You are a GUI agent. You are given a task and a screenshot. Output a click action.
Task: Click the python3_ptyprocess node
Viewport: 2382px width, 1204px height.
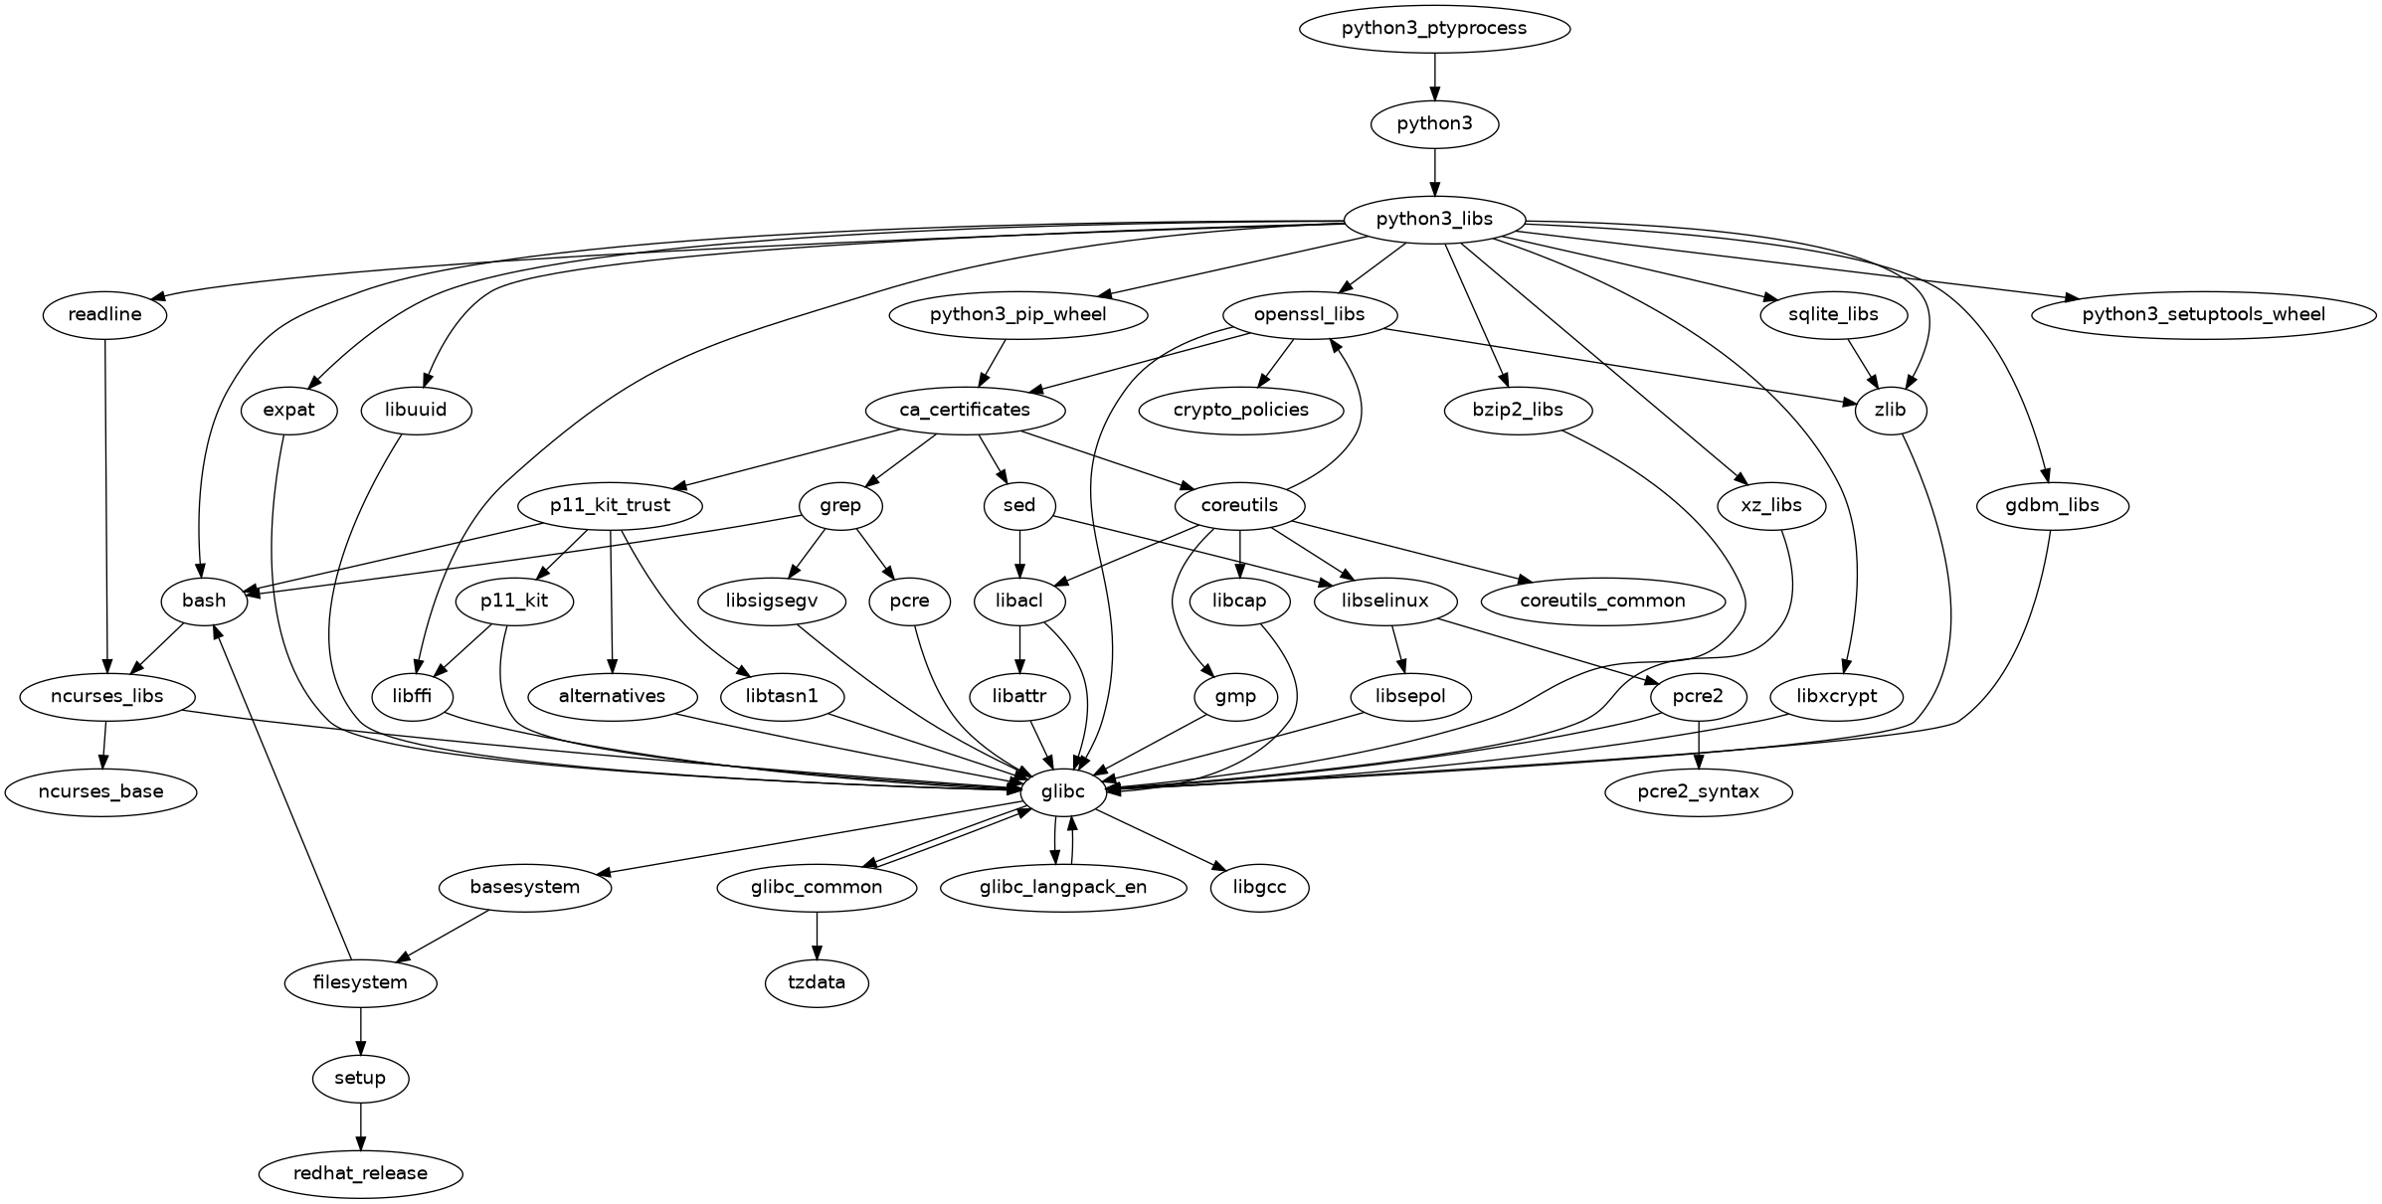[1433, 28]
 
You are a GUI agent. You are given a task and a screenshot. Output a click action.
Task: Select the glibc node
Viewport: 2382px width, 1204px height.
[1062, 791]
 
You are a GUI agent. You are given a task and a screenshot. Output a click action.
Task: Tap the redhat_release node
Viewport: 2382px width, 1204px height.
[360, 1173]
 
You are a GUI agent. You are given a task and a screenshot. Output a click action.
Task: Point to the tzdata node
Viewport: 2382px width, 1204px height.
[817, 982]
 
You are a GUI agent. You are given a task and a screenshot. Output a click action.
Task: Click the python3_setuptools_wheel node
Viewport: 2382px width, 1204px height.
[2203, 314]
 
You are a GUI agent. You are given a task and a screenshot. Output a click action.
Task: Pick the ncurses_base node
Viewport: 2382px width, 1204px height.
[100, 791]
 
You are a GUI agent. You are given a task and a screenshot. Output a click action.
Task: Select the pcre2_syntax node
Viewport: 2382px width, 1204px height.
[1699, 791]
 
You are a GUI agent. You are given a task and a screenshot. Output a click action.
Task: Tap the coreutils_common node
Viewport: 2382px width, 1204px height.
[1602, 601]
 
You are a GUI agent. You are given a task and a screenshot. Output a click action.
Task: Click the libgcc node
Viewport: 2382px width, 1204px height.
[1259, 887]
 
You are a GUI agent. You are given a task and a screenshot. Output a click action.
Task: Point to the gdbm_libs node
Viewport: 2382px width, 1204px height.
[2052, 505]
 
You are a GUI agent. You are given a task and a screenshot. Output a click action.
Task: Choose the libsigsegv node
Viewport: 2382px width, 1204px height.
[772, 601]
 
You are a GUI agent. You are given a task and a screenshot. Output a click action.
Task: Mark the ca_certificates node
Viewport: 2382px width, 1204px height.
[965, 410]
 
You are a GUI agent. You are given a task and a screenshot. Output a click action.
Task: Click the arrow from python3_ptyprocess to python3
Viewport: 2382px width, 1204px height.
[1433, 76]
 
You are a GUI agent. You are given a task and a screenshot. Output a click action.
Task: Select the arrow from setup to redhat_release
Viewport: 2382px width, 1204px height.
[360, 1125]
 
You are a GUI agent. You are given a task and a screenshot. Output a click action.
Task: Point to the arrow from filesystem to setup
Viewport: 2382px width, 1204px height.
[360, 1030]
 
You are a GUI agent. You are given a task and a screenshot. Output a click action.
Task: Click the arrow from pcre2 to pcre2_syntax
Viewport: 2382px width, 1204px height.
[1699, 744]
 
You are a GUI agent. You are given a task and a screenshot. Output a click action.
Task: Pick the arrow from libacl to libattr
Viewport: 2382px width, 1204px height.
[1019, 648]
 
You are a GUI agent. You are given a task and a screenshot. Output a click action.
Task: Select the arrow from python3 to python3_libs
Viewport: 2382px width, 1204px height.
[1433, 171]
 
